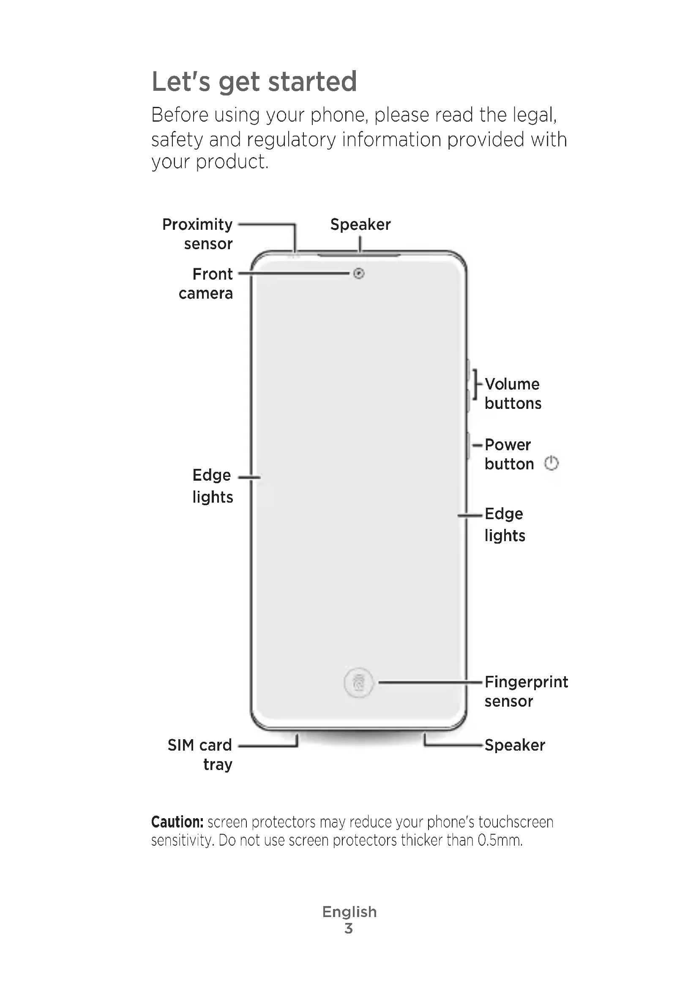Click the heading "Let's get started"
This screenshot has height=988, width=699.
[x=254, y=82]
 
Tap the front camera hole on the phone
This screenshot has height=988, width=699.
[x=358, y=273]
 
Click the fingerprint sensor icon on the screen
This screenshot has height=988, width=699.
[x=358, y=683]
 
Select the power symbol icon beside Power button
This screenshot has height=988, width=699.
[x=552, y=463]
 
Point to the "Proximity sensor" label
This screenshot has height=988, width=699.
[x=197, y=234]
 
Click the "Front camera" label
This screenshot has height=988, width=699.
[x=206, y=283]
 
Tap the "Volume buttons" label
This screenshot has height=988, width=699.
[x=513, y=393]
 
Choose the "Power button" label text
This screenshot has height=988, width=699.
[x=509, y=454]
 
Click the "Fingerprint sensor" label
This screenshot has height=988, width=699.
[x=526, y=691]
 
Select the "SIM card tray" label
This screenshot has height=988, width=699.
[x=201, y=754]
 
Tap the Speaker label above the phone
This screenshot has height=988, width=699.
[x=360, y=224]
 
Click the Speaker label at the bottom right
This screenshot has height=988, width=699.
[x=515, y=745]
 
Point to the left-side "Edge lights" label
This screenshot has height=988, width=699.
[x=212, y=486]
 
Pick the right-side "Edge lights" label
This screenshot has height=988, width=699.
[x=505, y=525]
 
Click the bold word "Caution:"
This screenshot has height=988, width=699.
[x=177, y=822]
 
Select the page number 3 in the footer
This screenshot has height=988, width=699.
[x=349, y=928]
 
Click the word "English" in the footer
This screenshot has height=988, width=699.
[x=349, y=912]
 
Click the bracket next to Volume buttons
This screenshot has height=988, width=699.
[x=475, y=384]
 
